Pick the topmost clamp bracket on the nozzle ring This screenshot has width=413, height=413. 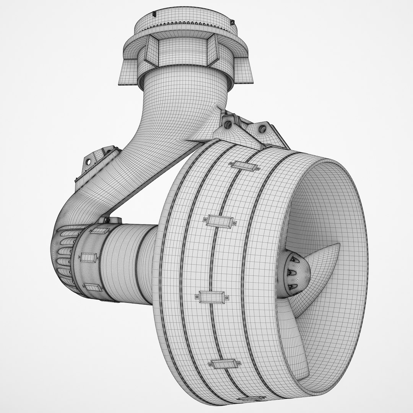tap(244, 166)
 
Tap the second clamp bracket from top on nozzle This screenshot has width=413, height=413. tap(220, 221)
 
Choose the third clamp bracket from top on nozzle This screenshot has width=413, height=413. tap(211, 296)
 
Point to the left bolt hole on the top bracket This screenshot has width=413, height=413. tap(228, 124)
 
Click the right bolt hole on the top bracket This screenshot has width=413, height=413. tap(263, 129)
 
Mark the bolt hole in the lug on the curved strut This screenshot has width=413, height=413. tap(89, 162)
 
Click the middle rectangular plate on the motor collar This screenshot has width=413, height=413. tap(89, 257)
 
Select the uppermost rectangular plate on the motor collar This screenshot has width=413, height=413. tap(100, 231)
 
